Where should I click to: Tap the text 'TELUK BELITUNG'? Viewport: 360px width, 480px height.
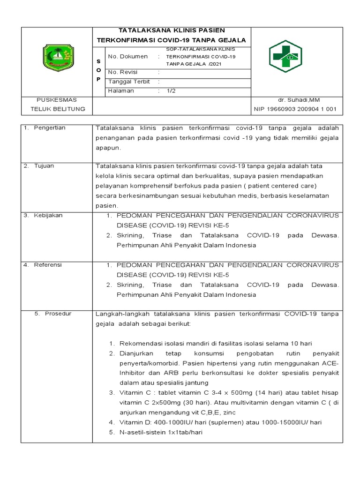(58, 109)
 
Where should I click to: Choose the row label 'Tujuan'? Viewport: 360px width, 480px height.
(45, 166)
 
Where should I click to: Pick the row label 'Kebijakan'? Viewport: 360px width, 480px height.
(48, 215)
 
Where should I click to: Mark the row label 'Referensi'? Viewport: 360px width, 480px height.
(48, 265)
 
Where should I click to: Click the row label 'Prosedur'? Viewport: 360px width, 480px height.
(58, 314)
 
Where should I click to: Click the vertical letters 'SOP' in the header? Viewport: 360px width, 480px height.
(98, 70)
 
